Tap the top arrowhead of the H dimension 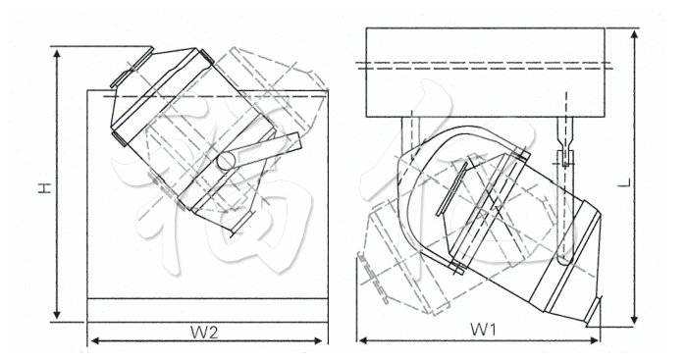[x=59, y=50]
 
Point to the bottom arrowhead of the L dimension [x=638, y=322]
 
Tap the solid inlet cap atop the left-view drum [x=127, y=72]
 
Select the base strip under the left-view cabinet [x=207, y=309]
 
